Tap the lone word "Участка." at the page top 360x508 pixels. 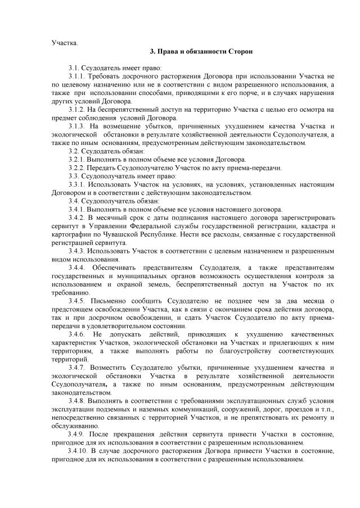click(65, 42)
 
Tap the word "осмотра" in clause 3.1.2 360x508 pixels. click(308, 110)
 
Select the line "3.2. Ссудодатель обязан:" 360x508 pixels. click(106, 151)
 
